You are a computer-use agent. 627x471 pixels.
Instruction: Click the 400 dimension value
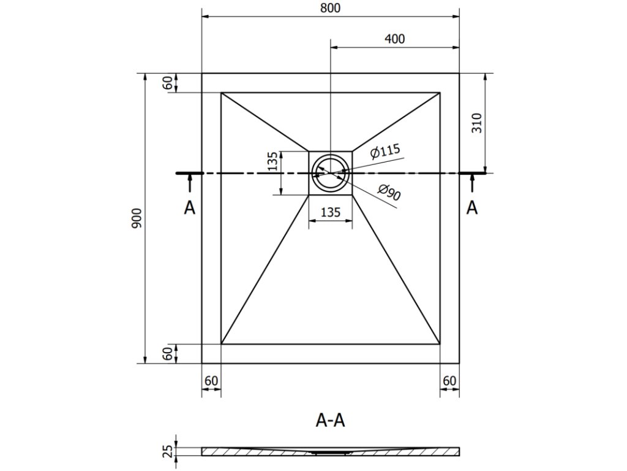pyautogui.click(x=396, y=38)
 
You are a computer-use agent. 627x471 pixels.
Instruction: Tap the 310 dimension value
pyautogui.click(x=478, y=123)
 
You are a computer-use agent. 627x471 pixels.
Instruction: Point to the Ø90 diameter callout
pyautogui.click(x=389, y=193)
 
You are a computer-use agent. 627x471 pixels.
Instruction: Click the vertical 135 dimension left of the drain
pyautogui.click(x=272, y=161)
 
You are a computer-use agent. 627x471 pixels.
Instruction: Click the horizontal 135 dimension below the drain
pyautogui.click(x=330, y=213)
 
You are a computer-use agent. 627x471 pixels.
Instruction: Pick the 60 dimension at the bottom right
pyautogui.click(x=449, y=380)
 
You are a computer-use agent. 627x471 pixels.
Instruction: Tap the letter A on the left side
pyautogui.click(x=190, y=208)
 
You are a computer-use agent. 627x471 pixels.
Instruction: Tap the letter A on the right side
pyautogui.click(x=471, y=208)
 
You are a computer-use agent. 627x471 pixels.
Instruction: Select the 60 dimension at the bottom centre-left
pyautogui.click(x=211, y=380)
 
